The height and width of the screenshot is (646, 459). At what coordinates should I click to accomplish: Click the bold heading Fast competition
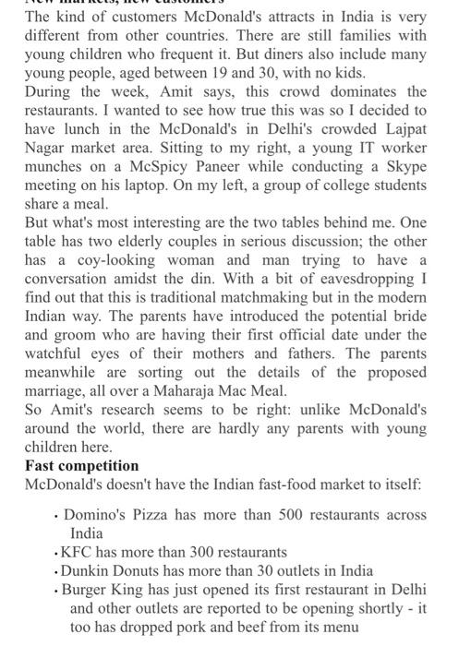(x=81, y=465)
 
